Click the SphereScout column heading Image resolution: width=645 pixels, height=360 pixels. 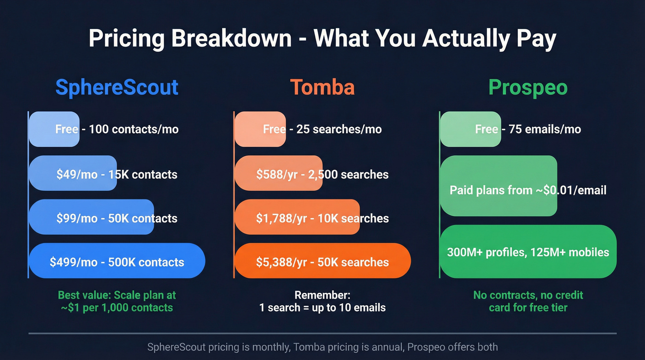point(117,88)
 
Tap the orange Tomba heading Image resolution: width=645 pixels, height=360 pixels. point(322,88)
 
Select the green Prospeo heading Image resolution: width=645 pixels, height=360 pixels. point(528,88)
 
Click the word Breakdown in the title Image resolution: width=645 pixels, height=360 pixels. point(231,39)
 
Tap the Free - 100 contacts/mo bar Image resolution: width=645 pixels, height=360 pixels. point(54,129)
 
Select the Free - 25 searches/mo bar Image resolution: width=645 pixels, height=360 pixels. point(260,129)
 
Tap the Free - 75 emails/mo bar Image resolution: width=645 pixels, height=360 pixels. point(470,129)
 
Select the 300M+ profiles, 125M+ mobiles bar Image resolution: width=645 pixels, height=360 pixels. point(528,252)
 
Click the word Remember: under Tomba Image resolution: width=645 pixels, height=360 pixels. point(322,295)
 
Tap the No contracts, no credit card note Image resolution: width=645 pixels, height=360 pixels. point(528,301)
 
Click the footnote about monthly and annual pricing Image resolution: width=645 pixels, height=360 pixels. point(322,347)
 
